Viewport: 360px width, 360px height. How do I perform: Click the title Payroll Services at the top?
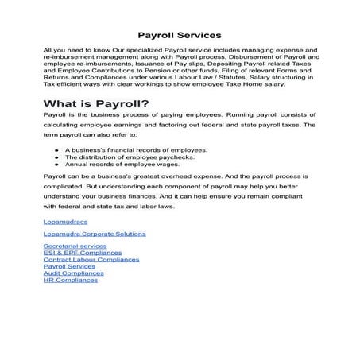point(179,36)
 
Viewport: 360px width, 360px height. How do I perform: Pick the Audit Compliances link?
point(74,273)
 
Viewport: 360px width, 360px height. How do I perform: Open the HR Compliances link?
point(71,280)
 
